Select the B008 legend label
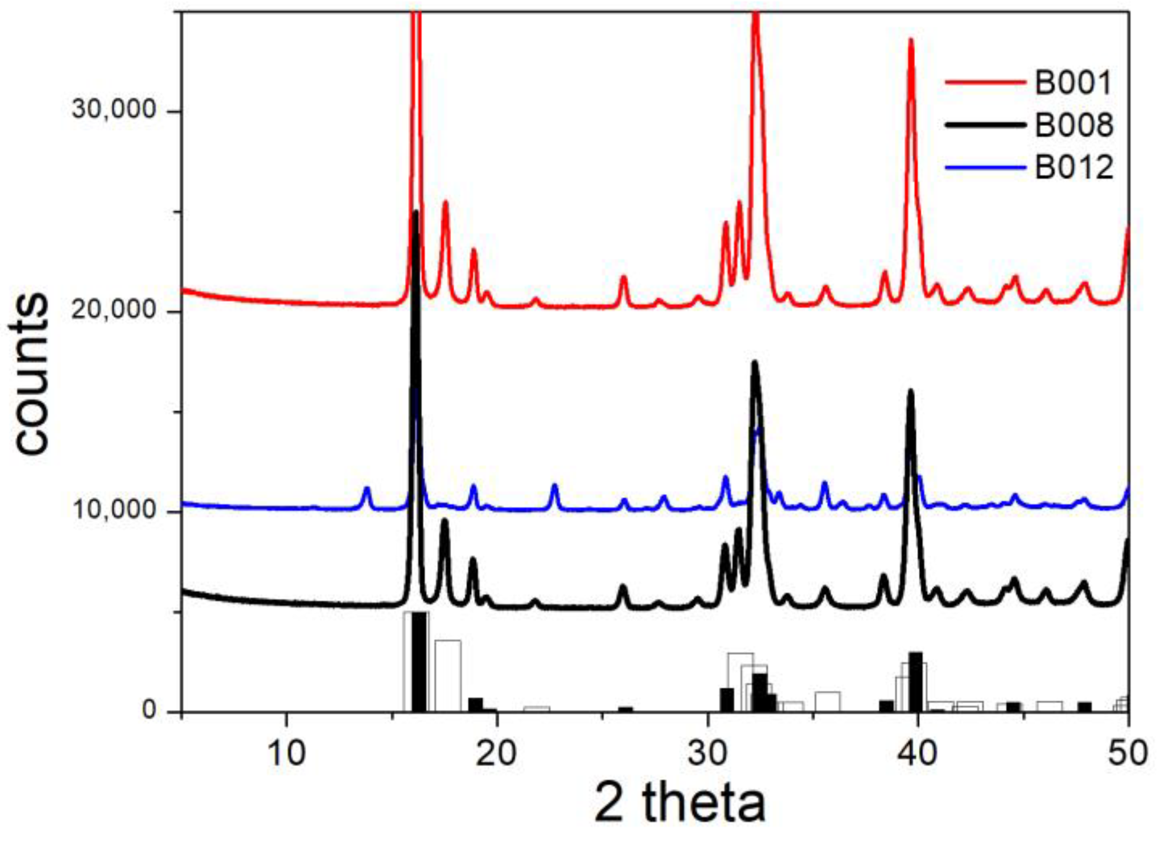[x=1073, y=126]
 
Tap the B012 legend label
[x=1073, y=167]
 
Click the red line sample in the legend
[x=985, y=82]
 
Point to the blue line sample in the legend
[x=985, y=167]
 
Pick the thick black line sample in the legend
[x=985, y=125]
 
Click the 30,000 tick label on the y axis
[x=113, y=109]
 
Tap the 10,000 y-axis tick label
[x=113, y=510]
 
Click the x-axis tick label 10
[x=286, y=753]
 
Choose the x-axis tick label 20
[x=497, y=753]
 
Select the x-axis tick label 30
[x=708, y=753]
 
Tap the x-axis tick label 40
[x=918, y=753]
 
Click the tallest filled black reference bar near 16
[x=419, y=661]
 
